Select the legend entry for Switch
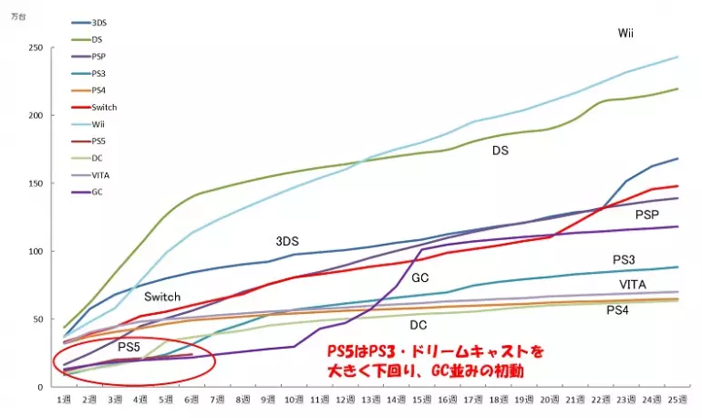[x=104, y=107]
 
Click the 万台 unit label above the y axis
[x=17, y=16]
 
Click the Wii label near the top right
[x=625, y=33]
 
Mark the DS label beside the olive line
[x=501, y=150]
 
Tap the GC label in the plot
[x=420, y=277]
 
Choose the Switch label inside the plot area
[x=162, y=297]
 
